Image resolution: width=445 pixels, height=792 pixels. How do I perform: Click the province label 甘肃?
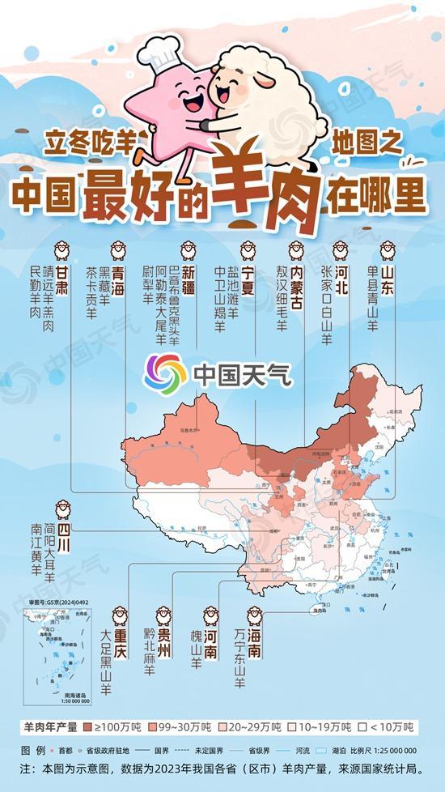(61, 277)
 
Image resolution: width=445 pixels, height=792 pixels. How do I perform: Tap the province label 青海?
(118, 277)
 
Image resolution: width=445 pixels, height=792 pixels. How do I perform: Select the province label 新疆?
(189, 277)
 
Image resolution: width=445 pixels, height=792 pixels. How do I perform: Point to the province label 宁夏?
(248, 277)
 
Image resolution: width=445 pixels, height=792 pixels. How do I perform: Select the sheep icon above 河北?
(341, 249)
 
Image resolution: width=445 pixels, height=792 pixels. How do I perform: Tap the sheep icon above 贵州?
(163, 615)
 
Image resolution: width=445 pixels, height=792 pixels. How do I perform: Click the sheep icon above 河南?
(210, 615)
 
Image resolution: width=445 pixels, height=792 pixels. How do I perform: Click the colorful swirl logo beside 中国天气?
(165, 373)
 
